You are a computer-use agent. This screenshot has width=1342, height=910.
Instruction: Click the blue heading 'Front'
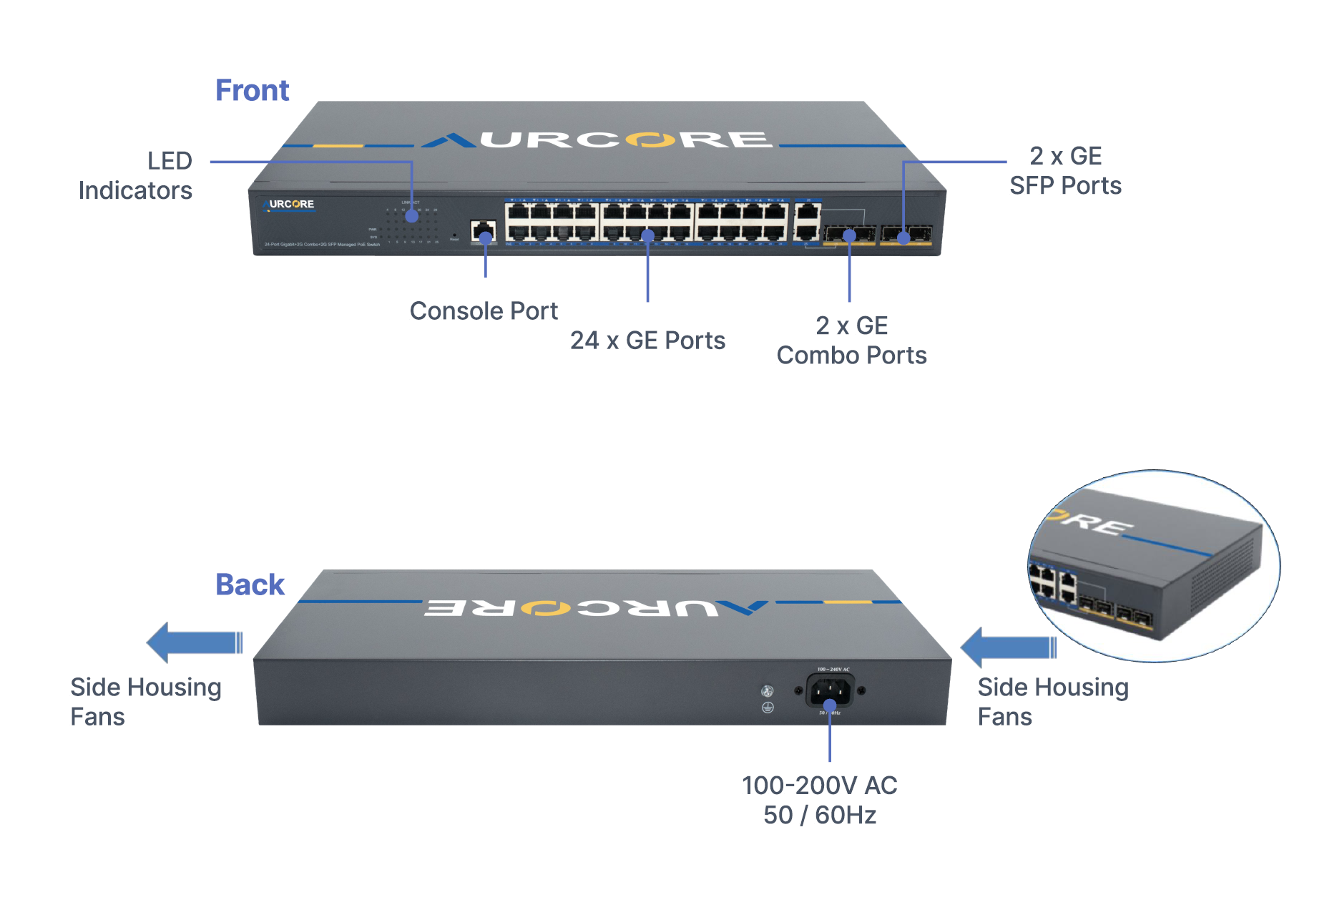252,91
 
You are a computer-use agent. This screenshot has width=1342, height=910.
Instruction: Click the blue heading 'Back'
250,584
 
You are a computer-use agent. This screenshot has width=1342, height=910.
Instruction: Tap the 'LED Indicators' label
135,175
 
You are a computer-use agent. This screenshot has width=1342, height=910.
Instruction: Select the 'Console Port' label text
484,311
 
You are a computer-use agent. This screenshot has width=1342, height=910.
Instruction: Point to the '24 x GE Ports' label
647,341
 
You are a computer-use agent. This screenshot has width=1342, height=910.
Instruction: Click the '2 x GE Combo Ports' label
851,341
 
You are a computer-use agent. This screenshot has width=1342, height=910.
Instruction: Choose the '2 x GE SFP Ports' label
1065,171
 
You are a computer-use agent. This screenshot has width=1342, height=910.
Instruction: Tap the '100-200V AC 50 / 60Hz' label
820,800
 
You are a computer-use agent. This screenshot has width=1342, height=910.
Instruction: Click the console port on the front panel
484,230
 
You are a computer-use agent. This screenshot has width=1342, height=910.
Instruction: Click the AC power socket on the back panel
830,692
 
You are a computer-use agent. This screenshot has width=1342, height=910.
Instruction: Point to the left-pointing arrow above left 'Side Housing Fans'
194,642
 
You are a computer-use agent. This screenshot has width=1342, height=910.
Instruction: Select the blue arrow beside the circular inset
1008,647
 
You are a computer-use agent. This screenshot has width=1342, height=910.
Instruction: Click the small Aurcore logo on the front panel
289,205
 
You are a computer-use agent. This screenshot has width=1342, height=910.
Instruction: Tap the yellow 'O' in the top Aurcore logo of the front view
650,140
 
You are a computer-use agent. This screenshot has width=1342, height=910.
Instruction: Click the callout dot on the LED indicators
412,216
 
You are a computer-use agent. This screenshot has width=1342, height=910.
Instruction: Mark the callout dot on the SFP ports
903,238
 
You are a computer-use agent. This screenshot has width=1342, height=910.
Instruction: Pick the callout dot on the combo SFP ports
849,235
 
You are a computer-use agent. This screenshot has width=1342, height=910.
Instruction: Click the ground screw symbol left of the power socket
768,708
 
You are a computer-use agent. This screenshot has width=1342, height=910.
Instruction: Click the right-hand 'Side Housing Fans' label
1052,702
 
